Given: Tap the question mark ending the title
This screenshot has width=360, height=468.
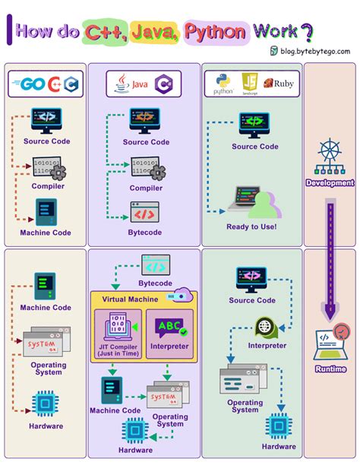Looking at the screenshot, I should [x=306, y=32].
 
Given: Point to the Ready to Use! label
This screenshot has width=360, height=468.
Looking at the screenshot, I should [x=251, y=226].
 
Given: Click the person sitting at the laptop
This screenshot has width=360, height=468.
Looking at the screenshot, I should [x=264, y=203].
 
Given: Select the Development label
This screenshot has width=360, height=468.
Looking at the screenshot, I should [x=330, y=183].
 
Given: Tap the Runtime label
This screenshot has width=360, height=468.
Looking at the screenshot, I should [x=330, y=368].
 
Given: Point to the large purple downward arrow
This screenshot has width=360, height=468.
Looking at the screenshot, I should [x=330, y=258].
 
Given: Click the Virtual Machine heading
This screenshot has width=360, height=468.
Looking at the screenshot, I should [x=131, y=299].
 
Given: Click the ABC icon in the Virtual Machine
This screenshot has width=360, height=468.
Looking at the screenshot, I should [x=169, y=327].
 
